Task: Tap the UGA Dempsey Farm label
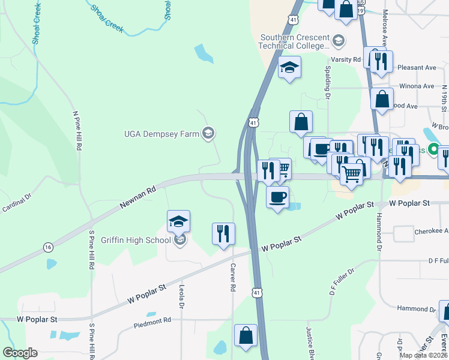tap(161, 134)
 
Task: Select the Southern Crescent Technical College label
tap(294, 41)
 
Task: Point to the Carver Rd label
tap(232, 279)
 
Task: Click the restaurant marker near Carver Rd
tap(223, 234)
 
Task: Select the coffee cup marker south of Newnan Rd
tap(277, 197)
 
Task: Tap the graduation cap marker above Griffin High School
tap(179, 221)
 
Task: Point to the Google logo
tap(20, 353)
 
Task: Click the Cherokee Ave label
tap(431, 231)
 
